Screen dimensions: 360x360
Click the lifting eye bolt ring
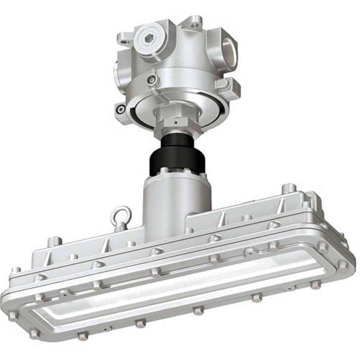(121, 215)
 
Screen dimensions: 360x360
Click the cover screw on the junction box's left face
(153, 80)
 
